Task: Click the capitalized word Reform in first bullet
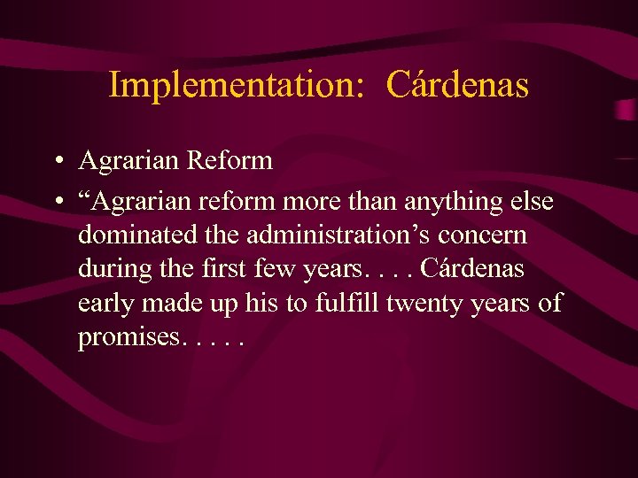[230, 160]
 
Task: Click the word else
[529, 202]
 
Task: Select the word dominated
[132, 236]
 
